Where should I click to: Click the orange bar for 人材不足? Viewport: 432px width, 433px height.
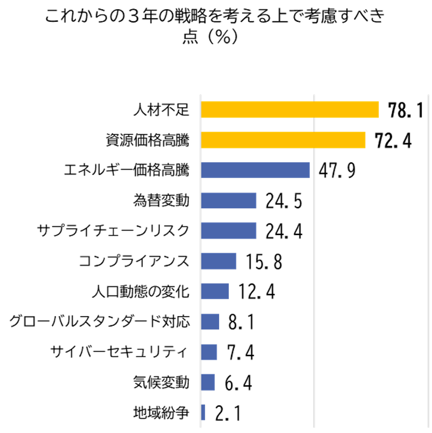pyautogui.click(x=289, y=110)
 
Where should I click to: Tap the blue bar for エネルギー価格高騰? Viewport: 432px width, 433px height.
pyautogui.click(x=255, y=170)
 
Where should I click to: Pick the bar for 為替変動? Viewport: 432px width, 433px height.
pyautogui.click(x=228, y=200)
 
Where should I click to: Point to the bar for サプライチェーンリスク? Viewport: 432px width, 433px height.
pyautogui.click(x=228, y=231)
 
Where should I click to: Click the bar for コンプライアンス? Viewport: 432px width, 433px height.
pyautogui.click(x=218, y=261)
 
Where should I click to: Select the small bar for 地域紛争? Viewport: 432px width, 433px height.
pyautogui.click(x=203, y=412)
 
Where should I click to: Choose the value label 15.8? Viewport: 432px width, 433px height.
pyautogui.click(x=263, y=262)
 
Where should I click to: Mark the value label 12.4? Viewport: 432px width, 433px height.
pyautogui.click(x=257, y=293)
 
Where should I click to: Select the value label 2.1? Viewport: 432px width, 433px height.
pyautogui.click(x=228, y=414)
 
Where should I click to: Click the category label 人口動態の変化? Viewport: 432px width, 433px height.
pyautogui.click(x=140, y=291)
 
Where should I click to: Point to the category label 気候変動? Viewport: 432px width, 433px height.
pyautogui.click(x=161, y=382)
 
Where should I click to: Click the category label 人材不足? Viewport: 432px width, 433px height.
pyautogui.click(x=161, y=110)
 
